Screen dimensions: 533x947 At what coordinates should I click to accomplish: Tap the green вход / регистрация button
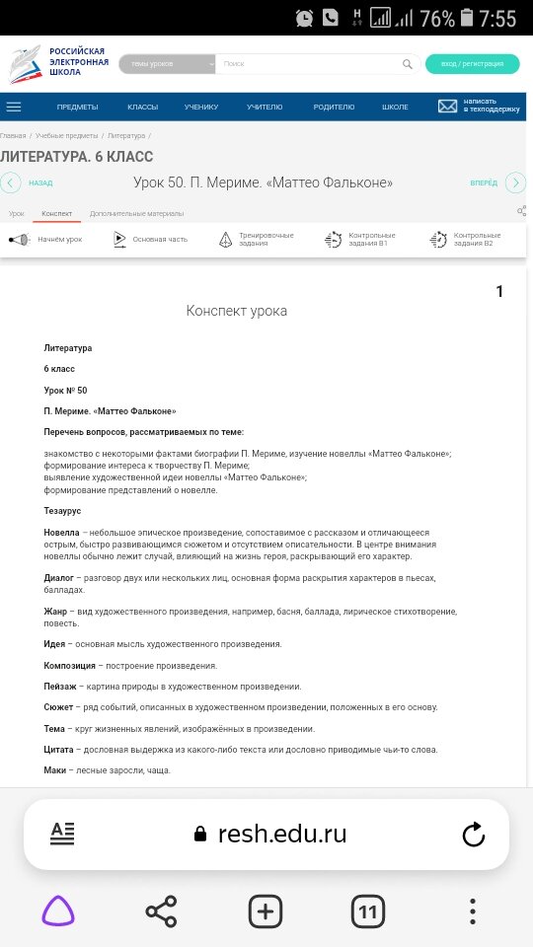472,64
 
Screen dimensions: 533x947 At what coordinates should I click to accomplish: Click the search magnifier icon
408,64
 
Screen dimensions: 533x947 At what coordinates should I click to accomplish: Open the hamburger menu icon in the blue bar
14,107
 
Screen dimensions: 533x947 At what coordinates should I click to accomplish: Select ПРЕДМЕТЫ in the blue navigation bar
77,107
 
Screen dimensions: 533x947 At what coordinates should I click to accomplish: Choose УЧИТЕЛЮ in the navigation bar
265,107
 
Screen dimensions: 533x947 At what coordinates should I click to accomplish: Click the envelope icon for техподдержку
448,107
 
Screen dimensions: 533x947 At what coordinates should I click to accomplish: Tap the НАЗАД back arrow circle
11,182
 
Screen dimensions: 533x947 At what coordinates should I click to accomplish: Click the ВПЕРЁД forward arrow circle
515,182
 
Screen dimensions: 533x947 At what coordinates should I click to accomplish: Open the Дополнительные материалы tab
136,213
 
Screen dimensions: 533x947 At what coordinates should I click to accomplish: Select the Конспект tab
56,213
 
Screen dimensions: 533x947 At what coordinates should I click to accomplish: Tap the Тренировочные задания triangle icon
226,240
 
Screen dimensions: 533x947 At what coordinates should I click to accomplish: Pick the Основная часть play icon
119,239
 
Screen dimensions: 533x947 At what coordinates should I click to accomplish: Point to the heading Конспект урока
237,311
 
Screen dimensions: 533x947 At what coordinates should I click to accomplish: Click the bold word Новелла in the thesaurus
61,533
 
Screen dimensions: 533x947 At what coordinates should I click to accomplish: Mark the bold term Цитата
59,750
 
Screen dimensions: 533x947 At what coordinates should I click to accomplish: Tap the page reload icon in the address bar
473,835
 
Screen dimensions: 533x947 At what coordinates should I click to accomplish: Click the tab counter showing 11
368,912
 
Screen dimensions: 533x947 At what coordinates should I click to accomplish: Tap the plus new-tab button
265,912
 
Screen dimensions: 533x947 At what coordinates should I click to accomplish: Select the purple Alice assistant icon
58,912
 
